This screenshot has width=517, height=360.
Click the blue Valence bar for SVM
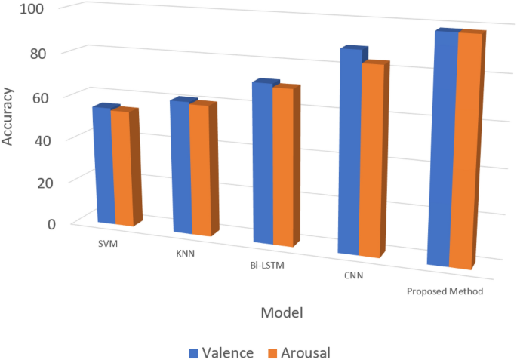coord(103,166)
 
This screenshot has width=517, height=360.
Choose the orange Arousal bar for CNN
coord(371,160)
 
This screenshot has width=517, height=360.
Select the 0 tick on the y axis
coord(52,223)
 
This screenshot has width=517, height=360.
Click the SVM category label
coord(107,245)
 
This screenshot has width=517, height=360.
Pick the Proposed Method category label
coord(445,291)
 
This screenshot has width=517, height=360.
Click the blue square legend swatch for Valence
coord(194,352)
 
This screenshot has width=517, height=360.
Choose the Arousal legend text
coord(306,352)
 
